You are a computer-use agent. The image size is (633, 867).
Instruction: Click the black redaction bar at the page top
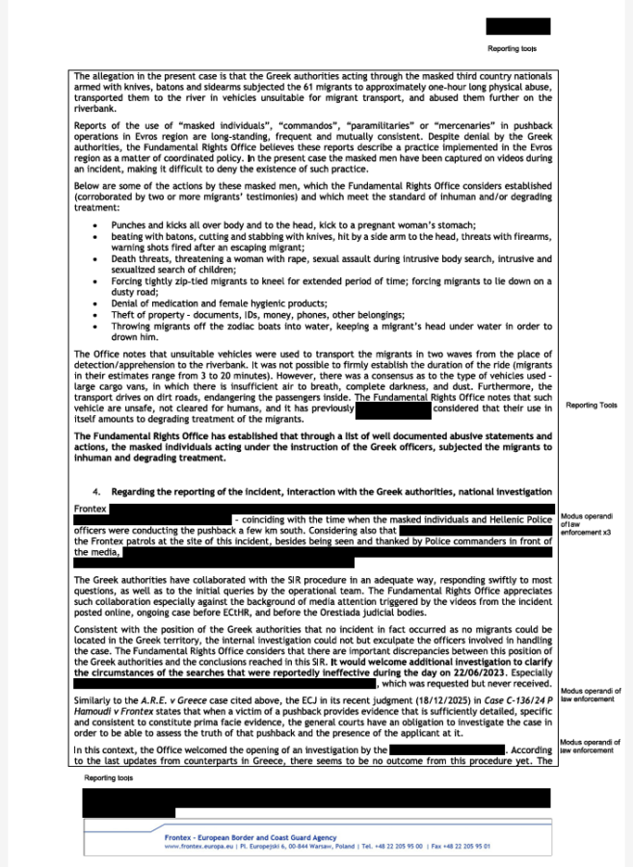pyautogui.click(x=518, y=26)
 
